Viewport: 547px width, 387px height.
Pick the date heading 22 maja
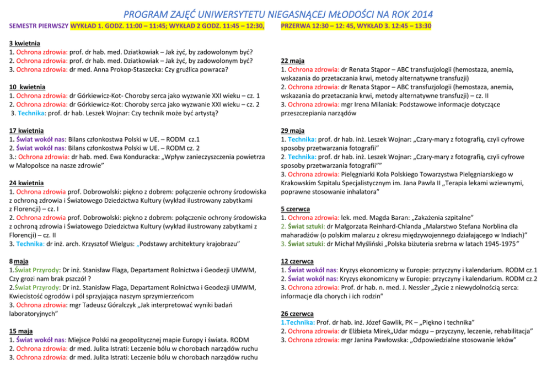(293, 61)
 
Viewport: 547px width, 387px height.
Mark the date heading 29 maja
(293, 131)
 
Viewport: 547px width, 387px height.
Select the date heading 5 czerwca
(295, 209)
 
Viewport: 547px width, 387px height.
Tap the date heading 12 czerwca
(297, 261)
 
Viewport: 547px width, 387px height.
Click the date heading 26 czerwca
(297, 313)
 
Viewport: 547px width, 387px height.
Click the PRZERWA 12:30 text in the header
(309, 26)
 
